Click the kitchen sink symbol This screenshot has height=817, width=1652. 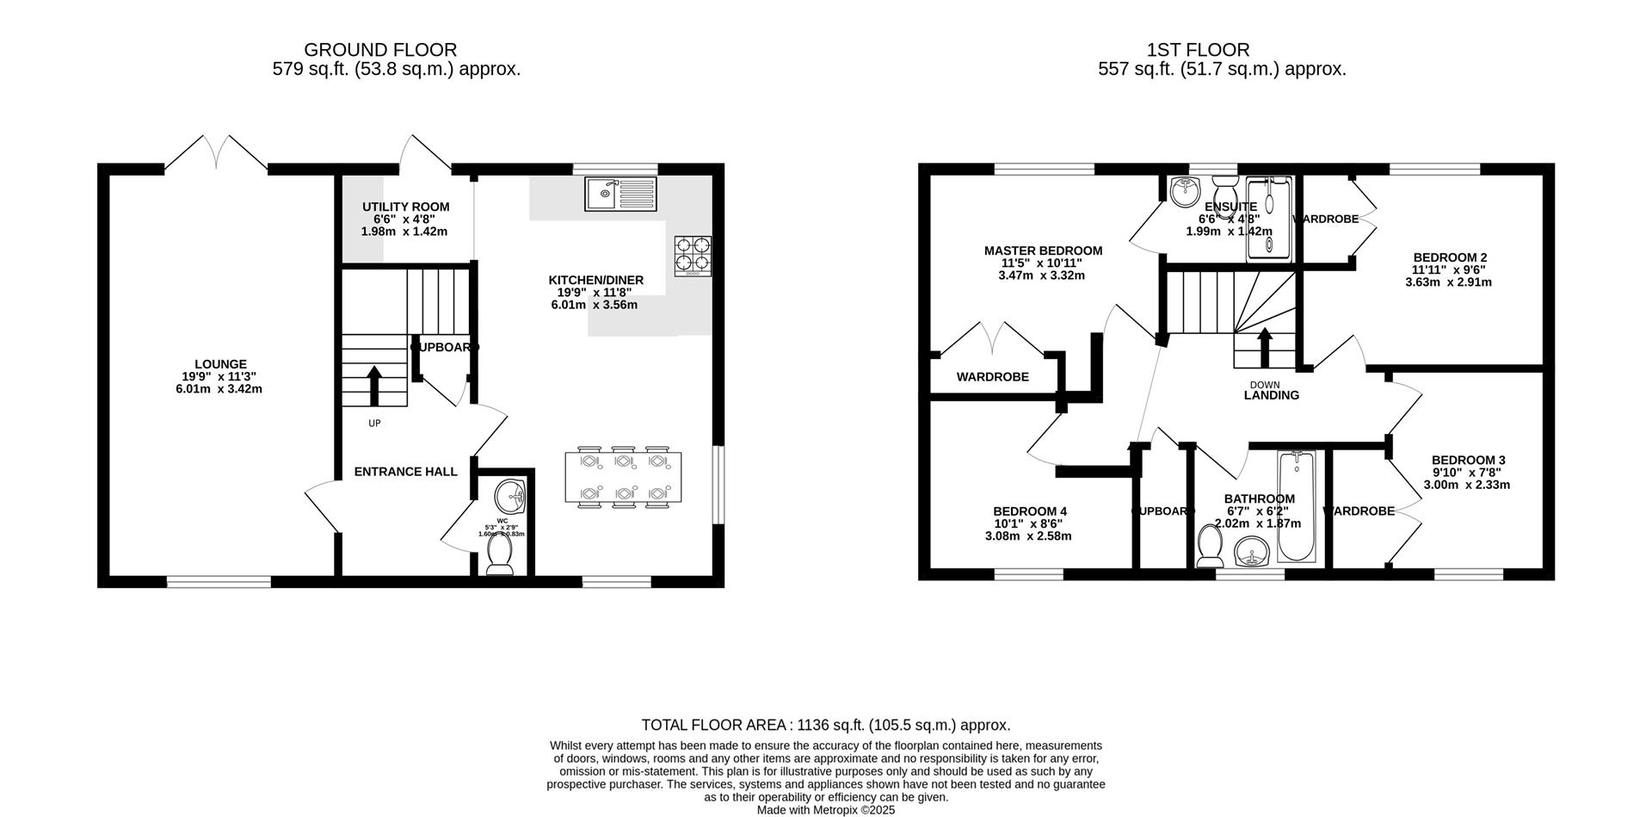[619, 194]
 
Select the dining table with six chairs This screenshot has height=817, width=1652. [623, 477]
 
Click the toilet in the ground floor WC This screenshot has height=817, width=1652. [499, 560]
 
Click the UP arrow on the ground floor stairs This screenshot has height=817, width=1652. [375, 385]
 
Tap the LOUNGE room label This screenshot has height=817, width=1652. [220, 364]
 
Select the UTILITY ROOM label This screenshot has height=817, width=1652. [405, 207]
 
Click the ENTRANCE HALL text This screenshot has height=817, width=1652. [405, 472]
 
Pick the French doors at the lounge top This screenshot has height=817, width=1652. [216, 153]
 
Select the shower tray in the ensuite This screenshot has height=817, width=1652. [1270, 220]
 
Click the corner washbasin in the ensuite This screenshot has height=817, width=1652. [1186, 191]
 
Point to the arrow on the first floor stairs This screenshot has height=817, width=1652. [1265, 347]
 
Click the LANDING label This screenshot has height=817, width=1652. [1271, 395]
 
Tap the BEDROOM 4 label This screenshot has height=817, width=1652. [1029, 511]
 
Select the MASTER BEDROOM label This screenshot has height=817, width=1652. [1043, 251]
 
